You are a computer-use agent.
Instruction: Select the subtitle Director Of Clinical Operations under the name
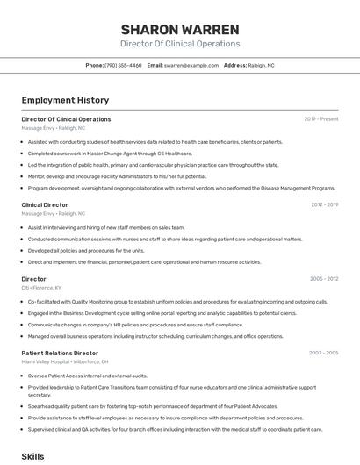[x=180, y=44]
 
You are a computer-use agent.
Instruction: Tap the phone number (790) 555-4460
[x=123, y=65]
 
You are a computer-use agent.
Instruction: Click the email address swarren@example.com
[x=191, y=65]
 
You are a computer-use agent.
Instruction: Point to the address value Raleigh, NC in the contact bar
[x=262, y=65]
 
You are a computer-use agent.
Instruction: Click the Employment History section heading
[x=65, y=101]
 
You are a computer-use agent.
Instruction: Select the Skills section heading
[x=32, y=456]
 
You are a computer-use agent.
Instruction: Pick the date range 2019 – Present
[x=321, y=119]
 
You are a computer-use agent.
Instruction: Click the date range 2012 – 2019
[x=324, y=204]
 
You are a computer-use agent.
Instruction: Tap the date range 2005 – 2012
[x=323, y=279]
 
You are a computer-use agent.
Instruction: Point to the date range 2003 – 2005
[x=323, y=353]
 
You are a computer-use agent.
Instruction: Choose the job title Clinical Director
[x=45, y=204]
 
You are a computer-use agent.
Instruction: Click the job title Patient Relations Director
[x=60, y=353]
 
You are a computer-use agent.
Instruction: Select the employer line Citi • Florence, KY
[x=41, y=287]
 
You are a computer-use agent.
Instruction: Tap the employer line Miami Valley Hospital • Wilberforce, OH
[x=65, y=361]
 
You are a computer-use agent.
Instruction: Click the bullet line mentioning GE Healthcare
[x=110, y=153]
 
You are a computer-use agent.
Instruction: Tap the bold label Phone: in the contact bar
[x=95, y=65]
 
